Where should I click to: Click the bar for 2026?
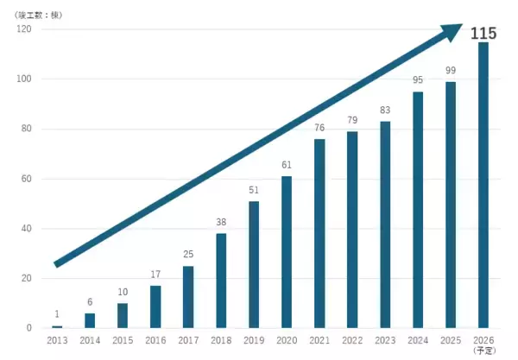pyautogui.click(x=483, y=185)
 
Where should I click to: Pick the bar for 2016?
pyautogui.click(x=155, y=306)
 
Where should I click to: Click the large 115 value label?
pyautogui.click(x=483, y=33)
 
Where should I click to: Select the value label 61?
pyautogui.click(x=287, y=164)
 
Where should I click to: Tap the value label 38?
pyautogui.click(x=221, y=222)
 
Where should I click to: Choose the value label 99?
pyautogui.click(x=451, y=70)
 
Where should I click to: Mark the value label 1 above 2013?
pyautogui.click(x=57, y=313)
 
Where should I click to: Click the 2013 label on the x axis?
pyautogui.click(x=57, y=340)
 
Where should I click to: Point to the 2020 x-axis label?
pyautogui.click(x=287, y=340)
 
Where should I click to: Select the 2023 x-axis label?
pyautogui.click(x=385, y=340)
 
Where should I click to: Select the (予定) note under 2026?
pyautogui.click(x=483, y=351)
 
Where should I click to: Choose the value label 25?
pyautogui.click(x=188, y=254)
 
